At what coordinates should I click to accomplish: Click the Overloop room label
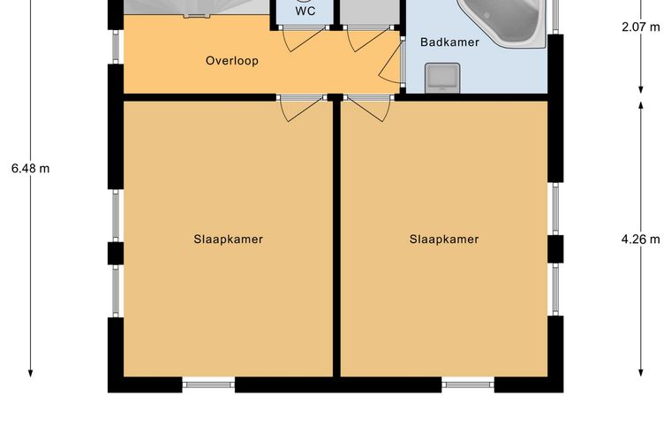tap(232, 61)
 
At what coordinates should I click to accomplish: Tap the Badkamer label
tap(449, 42)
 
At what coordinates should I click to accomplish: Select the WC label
tap(305, 11)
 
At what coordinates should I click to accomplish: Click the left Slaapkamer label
tap(228, 239)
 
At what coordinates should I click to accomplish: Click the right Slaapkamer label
tap(444, 239)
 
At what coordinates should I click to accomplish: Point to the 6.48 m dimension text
tap(30, 169)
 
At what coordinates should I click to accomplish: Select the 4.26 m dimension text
tap(641, 239)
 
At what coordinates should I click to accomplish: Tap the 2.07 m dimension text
tap(641, 27)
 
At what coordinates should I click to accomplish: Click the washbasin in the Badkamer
tap(442, 78)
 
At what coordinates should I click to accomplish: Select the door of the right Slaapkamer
tap(369, 108)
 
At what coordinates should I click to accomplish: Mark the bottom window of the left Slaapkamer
tap(209, 385)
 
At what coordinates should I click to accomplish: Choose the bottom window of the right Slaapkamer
tap(468, 385)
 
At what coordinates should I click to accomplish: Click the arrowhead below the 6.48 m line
tap(30, 373)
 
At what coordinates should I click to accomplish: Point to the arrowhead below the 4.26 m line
tap(641, 373)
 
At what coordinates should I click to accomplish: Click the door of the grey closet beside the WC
tap(370, 38)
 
